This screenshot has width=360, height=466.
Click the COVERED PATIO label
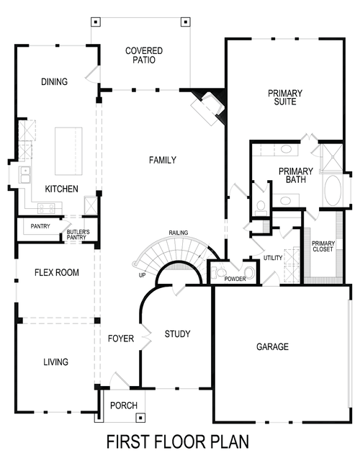coord(143,55)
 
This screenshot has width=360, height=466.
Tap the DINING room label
coord(54,81)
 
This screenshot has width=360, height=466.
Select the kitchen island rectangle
coord(68,151)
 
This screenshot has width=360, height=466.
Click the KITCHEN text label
coord(61,189)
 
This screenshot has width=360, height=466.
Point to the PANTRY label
coord(39,227)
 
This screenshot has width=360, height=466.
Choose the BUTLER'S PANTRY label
coord(78,233)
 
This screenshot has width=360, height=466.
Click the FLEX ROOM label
coord(57,273)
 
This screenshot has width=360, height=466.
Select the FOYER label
coord(121,339)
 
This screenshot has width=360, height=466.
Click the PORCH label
coord(124,405)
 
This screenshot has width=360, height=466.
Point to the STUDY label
coord(177,333)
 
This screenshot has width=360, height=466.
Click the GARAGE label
coord(272,347)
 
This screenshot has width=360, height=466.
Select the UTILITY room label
coord(273,257)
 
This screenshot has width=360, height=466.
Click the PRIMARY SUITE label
coord(285,97)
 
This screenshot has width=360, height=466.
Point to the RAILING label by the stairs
coord(179,233)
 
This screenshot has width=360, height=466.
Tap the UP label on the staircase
coord(142,275)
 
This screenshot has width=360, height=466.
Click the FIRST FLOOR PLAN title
coord(178,441)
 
